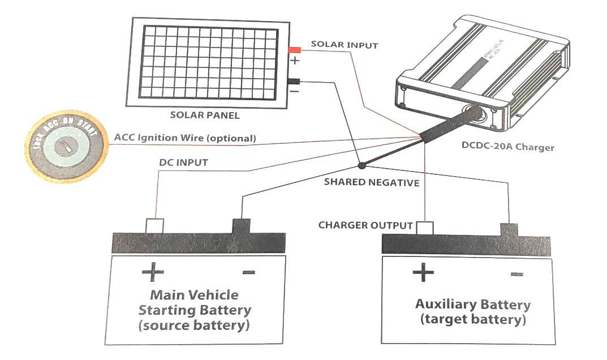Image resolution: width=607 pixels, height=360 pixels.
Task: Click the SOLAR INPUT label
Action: pos(344,45)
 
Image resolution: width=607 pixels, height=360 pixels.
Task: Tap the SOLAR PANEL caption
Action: pos(205,115)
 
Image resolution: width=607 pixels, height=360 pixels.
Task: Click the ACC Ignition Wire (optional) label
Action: pos(185,138)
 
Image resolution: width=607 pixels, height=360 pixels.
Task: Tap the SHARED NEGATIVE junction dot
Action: pos(361,165)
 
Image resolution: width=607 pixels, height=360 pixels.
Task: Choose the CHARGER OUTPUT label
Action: pos(365,225)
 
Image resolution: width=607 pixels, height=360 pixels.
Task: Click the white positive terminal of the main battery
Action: pos(154,225)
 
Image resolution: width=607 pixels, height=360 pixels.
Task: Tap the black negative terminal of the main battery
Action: pos(241,226)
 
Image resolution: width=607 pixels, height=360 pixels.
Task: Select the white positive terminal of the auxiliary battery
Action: pos(424,228)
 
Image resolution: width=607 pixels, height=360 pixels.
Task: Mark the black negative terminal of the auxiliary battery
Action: pos(508,229)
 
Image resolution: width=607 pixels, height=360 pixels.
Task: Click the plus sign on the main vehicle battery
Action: pos(153,272)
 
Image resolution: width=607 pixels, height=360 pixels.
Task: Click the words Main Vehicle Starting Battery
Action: pos(195,303)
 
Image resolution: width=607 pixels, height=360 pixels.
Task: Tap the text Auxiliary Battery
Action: pos(473,305)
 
